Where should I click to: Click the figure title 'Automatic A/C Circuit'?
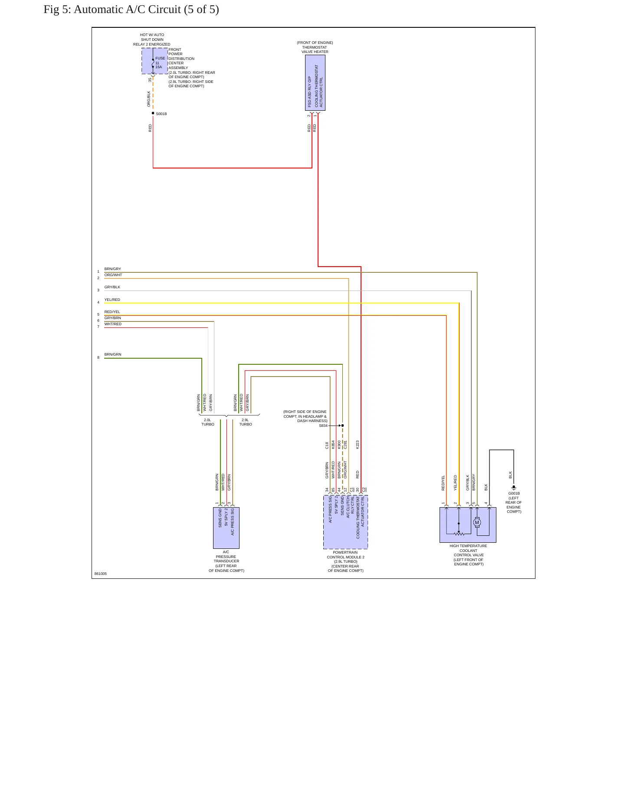click(127, 10)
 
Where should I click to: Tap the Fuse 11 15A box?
click(154, 61)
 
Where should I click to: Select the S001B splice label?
click(161, 114)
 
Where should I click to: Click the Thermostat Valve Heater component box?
click(315, 83)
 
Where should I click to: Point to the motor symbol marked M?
click(477, 522)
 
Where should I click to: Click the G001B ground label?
click(514, 493)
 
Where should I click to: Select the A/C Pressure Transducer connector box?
click(226, 528)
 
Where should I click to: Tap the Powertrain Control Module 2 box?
click(345, 522)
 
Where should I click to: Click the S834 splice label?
click(323, 426)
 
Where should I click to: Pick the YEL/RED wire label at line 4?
click(112, 300)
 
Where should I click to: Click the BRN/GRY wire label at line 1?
click(113, 269)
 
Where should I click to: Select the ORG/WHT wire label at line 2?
click(113, 275)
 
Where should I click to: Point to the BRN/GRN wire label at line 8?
click(113, 354)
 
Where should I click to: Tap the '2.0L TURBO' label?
click(208, 422)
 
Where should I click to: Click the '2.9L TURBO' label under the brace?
click(246, 422)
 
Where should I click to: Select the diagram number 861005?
click(101, 574)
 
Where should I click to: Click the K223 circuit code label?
click(358, 445)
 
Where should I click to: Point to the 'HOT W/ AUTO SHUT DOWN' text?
click(152, 37)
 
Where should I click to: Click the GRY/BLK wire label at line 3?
click(112, 287)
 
